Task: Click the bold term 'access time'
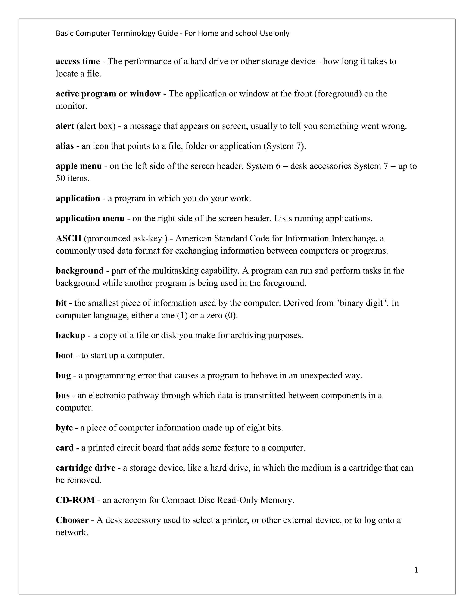click(x=78, y=62)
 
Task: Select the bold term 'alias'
click(x=65, y=146)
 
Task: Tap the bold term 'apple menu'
click(x=79, y=166)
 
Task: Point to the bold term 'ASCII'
click(x=69, y=238)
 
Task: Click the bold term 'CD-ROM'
click(x=75, y=500)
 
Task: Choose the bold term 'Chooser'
click(x=72, y=520)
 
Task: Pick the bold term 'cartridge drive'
click(x=85, y=468)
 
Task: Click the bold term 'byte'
click(x=64, y=428)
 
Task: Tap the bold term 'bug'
click(x=63, y=375)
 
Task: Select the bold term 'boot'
click(x=64, y=356)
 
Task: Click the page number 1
click(x=416, y=570)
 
